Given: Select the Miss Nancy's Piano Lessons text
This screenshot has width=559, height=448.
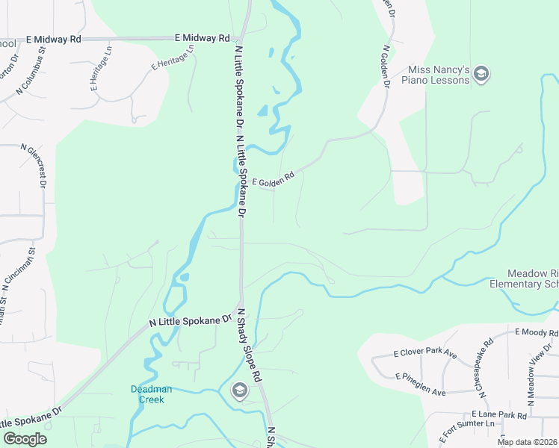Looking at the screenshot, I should (x=435, y=74).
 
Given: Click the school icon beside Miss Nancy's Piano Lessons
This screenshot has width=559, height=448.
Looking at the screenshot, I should (x=482, y=74).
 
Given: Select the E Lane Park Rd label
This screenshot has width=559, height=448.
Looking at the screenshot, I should (x=499, y=414).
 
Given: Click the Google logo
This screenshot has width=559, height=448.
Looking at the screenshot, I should (x=25, y=439).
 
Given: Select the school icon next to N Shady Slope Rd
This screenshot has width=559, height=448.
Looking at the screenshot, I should (x=239, y=389).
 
